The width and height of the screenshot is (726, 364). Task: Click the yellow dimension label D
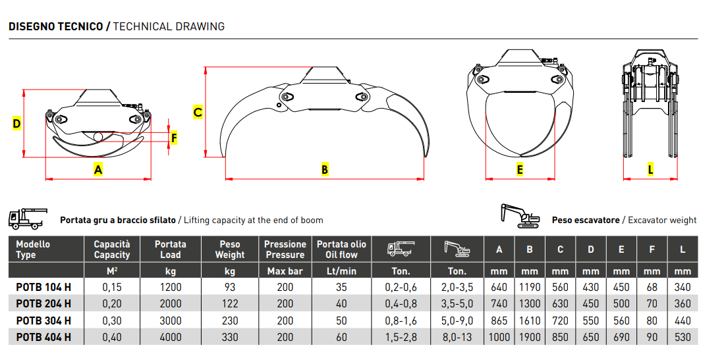16,124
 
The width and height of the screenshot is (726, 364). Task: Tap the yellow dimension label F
174,138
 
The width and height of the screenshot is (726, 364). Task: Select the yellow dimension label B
325,170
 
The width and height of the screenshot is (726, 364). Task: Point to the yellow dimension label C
198,113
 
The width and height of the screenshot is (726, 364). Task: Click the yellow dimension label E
520,170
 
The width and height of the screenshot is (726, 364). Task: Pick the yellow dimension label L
650,170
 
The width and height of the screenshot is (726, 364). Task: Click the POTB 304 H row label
43,321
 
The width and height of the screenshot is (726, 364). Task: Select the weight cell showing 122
230,304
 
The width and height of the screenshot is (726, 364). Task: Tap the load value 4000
171,337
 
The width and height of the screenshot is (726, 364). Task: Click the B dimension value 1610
530,321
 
